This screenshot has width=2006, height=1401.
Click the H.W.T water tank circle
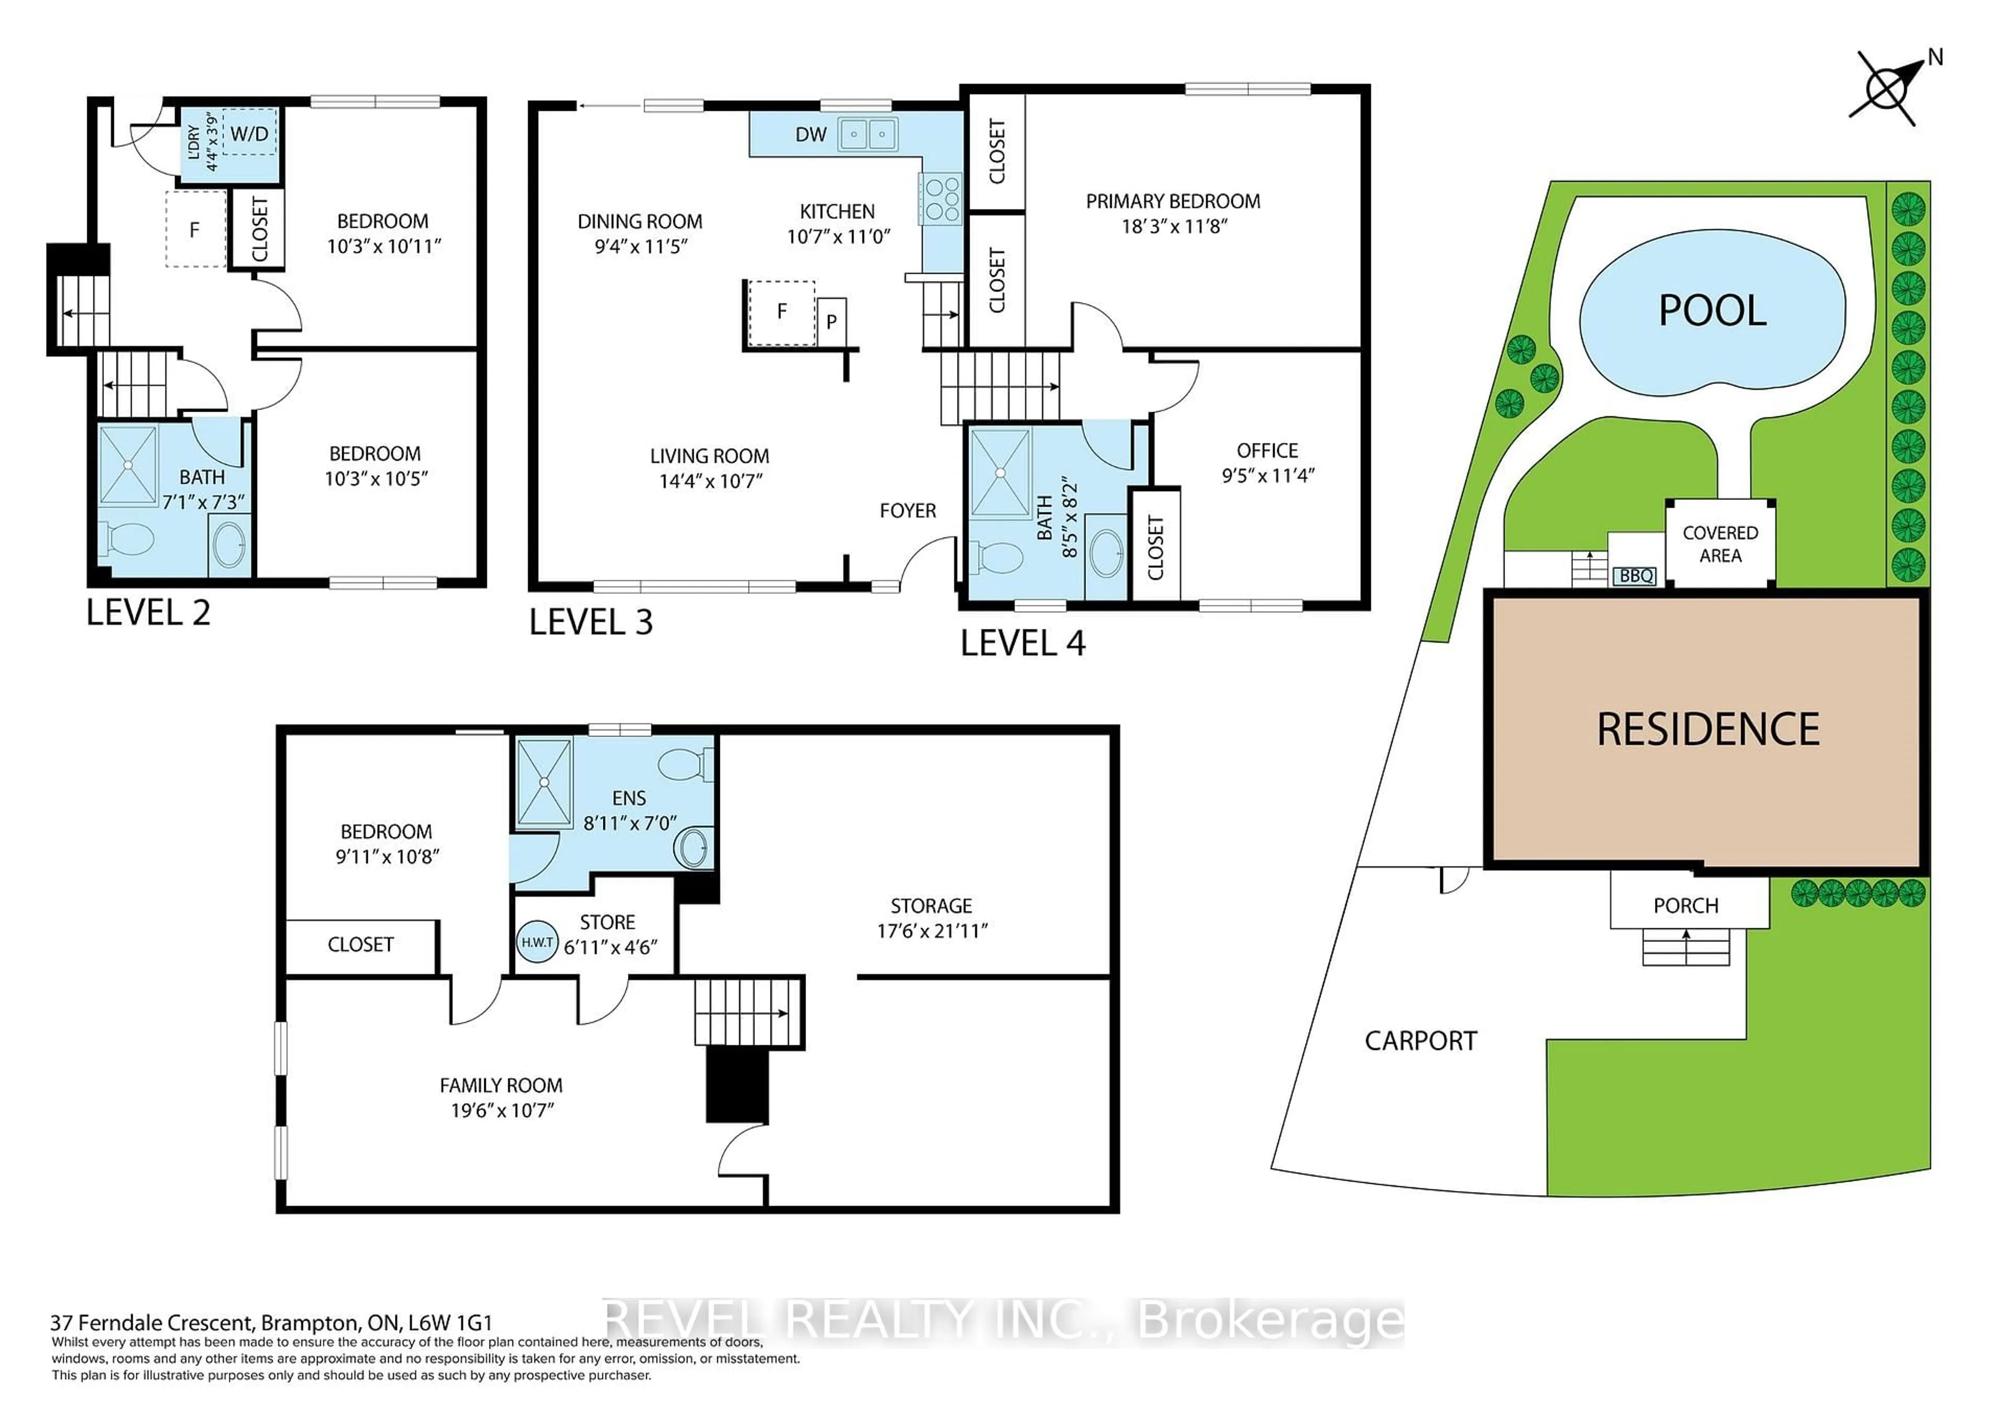[537, 942]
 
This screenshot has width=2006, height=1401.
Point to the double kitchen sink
[868, 134]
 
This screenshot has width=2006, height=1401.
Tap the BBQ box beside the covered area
[1636, 576]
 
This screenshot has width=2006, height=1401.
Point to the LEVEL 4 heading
[1022, 644]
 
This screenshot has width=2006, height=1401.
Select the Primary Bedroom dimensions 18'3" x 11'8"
[1174, 226]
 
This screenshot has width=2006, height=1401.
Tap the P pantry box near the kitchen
[831, 321]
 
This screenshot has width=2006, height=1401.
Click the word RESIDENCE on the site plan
[1708, 729]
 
